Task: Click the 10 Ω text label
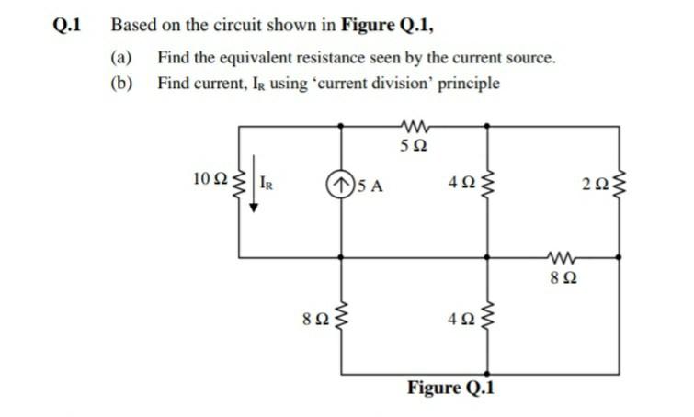209,177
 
